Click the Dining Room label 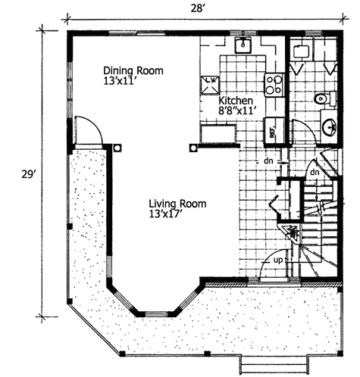click(x=133, y=70)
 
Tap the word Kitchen click(x=236, y=100)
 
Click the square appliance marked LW click(x=210, y=82)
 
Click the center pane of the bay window click(x=156, y=313)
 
